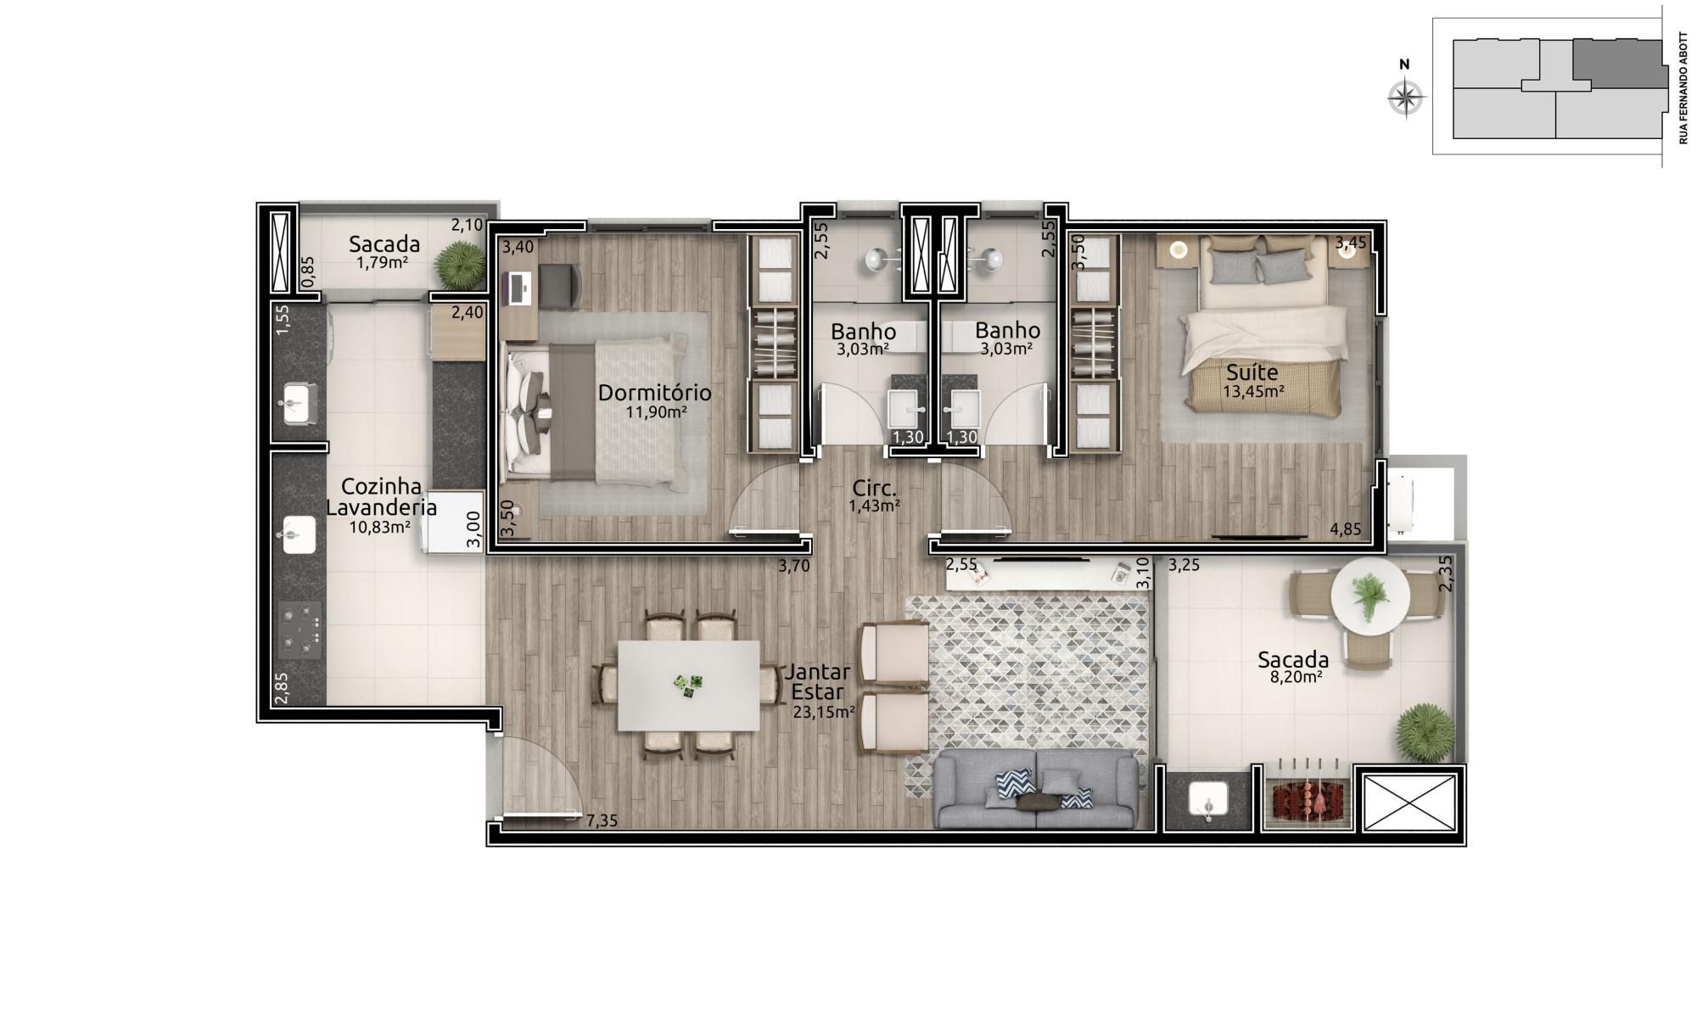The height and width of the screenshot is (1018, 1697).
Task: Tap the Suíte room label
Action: [1252, 372]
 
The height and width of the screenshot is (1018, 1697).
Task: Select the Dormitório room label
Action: [654, 393]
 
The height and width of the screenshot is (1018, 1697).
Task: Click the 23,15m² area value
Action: [823, 713]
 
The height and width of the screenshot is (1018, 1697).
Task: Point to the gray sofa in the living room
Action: [1035, 788]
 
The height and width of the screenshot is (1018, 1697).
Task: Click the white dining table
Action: [688, 685]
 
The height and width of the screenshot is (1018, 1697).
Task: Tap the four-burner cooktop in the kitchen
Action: [300, 630]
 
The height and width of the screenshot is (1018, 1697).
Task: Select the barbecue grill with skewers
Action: [1306, 797]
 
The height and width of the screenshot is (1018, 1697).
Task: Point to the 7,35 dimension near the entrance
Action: [602, 820]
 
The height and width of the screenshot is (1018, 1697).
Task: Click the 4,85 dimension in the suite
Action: [1346, 529]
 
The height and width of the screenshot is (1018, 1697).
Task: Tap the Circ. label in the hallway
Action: [875, 489]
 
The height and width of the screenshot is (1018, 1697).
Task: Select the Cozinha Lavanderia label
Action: [382, 497]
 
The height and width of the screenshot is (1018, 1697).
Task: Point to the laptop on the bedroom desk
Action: [518, 288]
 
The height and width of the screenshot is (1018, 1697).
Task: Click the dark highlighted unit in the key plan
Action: [1616, 63]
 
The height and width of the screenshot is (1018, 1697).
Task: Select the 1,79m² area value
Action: [382, 262]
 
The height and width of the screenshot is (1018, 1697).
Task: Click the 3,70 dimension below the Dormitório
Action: [794, 567]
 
